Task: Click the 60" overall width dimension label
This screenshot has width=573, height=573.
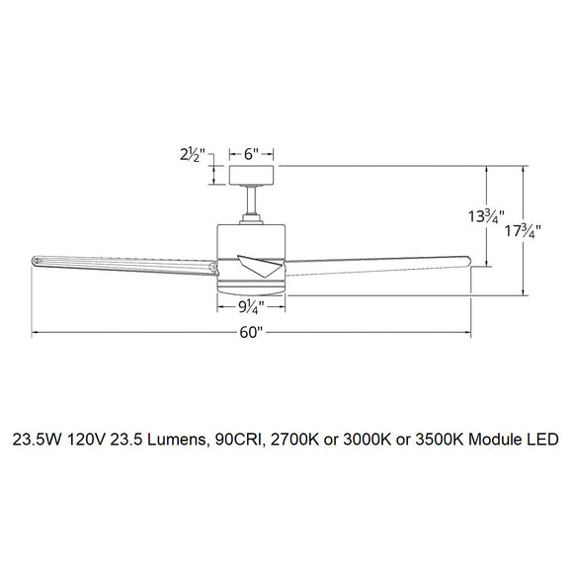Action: coord(251,334)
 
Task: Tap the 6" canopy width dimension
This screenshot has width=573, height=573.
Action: coord(251,154)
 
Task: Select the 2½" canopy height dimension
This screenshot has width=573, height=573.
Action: coord(192,154)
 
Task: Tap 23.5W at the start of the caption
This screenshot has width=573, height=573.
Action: coord(36,437)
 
